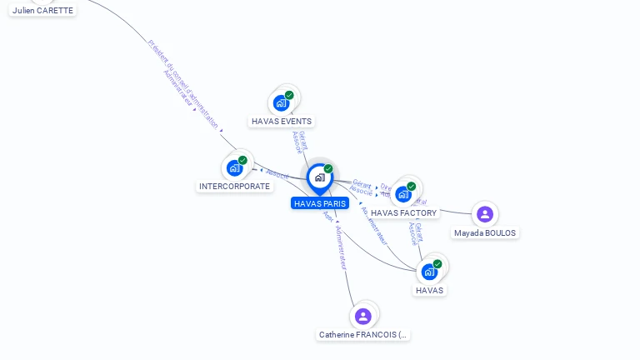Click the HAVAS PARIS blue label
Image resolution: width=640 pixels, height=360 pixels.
click(320, 203)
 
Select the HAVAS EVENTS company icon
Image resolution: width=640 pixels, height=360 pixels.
click(281, 103)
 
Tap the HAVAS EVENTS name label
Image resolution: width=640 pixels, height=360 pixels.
click(282, 122)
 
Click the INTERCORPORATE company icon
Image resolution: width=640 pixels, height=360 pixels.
click(235, 167)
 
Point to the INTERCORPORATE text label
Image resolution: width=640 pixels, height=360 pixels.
click(234, 187)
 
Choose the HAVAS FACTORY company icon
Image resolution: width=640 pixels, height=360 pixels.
click(403, 194)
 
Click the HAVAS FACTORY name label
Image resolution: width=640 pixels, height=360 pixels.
click(403, 213)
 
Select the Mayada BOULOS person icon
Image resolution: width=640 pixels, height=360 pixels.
click(485, 214)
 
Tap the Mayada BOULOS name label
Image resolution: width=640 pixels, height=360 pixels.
click(485, 233)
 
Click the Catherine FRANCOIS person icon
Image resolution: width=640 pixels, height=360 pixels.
click(362, 316)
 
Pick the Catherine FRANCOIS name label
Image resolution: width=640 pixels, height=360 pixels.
click(363, 335)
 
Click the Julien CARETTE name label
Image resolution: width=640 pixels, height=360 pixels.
click(42, 11)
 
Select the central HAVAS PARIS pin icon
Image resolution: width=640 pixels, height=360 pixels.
click(319, 177)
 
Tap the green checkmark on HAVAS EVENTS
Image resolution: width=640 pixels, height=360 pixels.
click(289, 95)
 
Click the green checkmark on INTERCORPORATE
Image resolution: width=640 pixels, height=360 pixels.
click(242, 160)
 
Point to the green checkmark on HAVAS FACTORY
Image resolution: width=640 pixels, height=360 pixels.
click(411, 187)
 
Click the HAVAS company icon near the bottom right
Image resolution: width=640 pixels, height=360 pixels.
click(429, 272)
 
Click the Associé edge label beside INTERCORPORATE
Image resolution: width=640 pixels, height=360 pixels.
click(277, 175)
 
